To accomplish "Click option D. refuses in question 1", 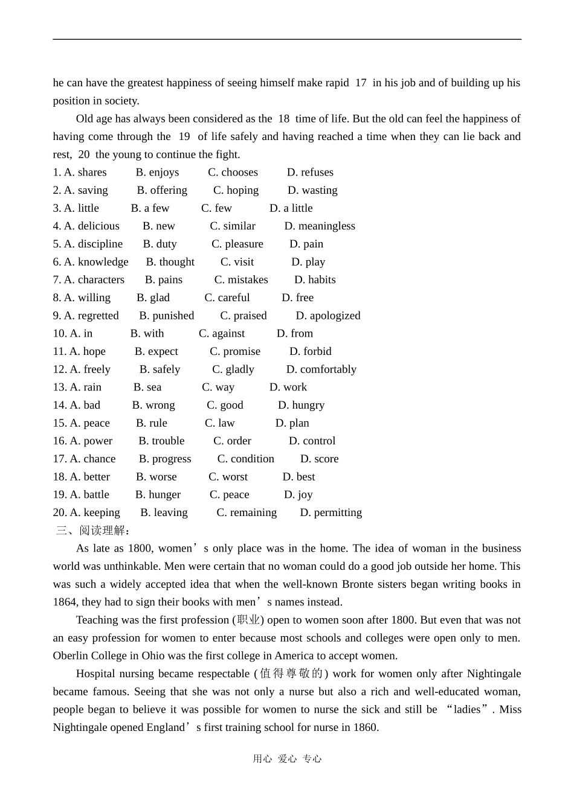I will [310, 173].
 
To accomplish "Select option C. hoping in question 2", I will [236, 191].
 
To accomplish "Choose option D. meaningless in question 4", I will [320, 226].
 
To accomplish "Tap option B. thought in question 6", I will [170, 262].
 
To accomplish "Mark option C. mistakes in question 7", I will [241, 280].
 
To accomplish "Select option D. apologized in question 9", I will [327, 316].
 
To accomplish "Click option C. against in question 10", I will [222, 334].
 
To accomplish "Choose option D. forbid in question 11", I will [310, 351].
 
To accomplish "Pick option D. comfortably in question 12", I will [321, 369].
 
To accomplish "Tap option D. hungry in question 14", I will [301, 405].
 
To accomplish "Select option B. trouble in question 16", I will [161, 441].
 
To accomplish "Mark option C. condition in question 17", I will [245, 459].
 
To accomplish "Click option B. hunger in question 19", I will [158, 495].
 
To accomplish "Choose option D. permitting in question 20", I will [331, 513].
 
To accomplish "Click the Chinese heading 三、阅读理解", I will [92, 531].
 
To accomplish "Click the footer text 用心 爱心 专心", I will [287, 759].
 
